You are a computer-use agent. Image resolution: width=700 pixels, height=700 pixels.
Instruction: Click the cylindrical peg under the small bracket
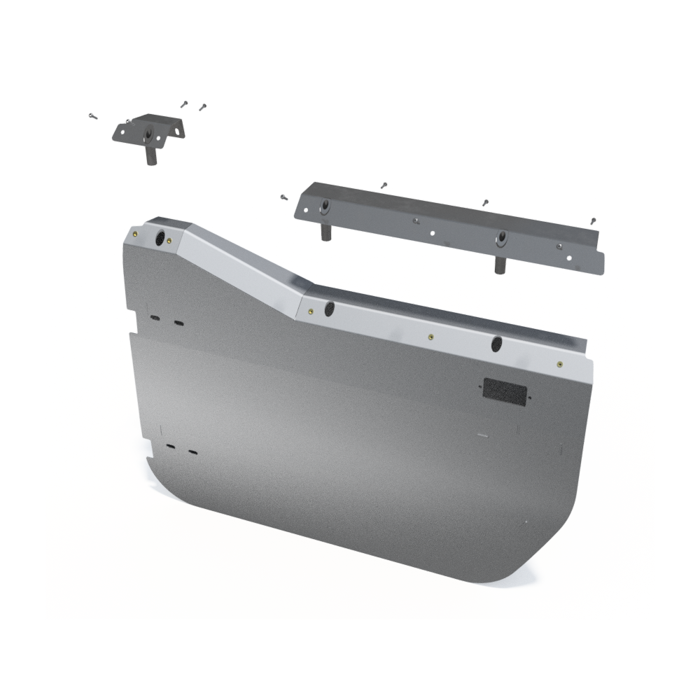coord(151,155)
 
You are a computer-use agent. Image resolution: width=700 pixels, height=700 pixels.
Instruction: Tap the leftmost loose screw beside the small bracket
coord(93,116)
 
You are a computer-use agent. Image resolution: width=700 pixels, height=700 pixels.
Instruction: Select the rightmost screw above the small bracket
coord(202,107)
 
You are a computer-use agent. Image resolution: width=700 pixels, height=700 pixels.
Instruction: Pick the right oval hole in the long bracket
coord(501,238)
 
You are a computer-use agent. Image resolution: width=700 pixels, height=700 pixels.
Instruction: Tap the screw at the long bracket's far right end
coord(593,220)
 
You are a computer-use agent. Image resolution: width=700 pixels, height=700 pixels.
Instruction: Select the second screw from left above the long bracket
coord(384,185)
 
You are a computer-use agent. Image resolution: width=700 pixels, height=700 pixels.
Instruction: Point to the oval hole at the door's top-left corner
coord(160,237)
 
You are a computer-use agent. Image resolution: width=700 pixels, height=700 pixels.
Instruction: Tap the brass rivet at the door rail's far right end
coord(560,364)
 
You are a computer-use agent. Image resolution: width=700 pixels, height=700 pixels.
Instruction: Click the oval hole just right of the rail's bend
coord(329,308)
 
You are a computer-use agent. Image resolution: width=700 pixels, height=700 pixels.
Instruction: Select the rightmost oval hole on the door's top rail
coord(496,344)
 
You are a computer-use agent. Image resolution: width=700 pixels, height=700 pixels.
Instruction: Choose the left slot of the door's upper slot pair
coord(154,318)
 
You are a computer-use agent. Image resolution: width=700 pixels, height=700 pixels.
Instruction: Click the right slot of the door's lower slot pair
coord(192,452)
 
